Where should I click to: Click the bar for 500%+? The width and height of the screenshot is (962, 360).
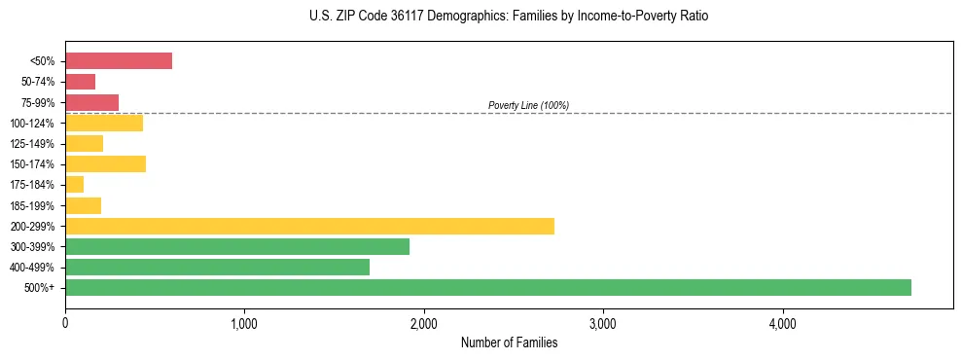pos(487,287)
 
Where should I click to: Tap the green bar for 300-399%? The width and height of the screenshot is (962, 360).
pos(236,246)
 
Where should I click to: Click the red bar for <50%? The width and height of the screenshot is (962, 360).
pos(119,61)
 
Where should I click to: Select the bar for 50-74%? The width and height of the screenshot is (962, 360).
pos(80,82)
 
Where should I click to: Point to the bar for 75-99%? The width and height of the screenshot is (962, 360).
pos(91,102)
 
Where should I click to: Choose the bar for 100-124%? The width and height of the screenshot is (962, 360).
pos(104,123)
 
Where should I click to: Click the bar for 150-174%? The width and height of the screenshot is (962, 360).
pos(105,163)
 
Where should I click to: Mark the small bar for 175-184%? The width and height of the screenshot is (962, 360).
pos(74,184)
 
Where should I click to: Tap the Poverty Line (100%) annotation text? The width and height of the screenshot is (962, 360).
pos(528,105)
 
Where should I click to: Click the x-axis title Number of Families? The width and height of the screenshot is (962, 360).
pos(509,342)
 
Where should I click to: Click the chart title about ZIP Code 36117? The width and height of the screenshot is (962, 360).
pos(509,18)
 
